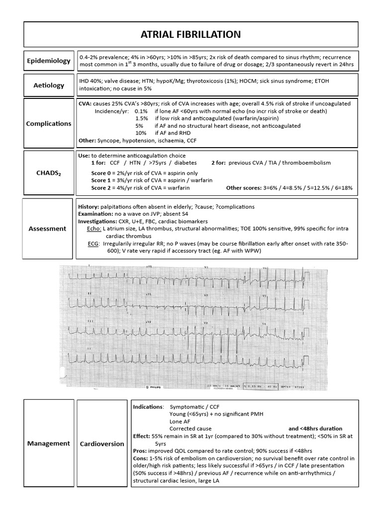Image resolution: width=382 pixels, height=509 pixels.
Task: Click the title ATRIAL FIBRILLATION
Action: [191, 34]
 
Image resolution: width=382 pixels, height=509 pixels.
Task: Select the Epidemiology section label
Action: [48, 61]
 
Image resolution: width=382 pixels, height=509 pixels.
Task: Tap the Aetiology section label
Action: [48, 85]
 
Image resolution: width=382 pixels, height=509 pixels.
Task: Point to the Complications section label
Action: [48, 123]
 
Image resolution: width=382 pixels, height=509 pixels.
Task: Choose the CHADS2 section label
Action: [48, 173]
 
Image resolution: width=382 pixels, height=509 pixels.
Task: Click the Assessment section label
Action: [47, 229]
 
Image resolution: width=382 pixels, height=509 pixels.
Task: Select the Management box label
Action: [48, 443]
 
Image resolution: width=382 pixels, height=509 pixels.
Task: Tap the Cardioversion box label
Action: [102, 443]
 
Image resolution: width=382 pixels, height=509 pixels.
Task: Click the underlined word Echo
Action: [94, 228]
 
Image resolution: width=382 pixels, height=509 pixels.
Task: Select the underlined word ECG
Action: [93, 244]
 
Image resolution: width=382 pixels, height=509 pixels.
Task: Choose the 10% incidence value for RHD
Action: [141, 133]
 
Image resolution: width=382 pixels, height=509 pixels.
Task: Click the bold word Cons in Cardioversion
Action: [140, 458]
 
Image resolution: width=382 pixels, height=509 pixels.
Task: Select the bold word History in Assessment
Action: [89, 206]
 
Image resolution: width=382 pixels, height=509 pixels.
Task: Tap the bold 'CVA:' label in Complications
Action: [85, 103]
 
